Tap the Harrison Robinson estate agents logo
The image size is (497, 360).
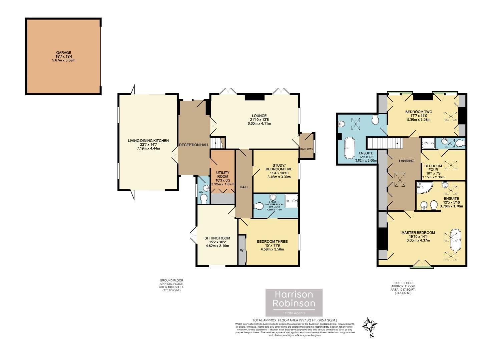point(294,302)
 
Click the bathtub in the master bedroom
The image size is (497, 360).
point(455,239)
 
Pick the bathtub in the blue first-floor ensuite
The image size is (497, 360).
point(350,148)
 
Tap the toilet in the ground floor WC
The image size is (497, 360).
point(203,198)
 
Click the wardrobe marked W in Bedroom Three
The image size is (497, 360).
point(241,250)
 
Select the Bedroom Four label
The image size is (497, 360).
point(433,168)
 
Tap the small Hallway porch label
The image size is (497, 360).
point(307,149)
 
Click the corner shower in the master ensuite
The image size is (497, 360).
point(424,188)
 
